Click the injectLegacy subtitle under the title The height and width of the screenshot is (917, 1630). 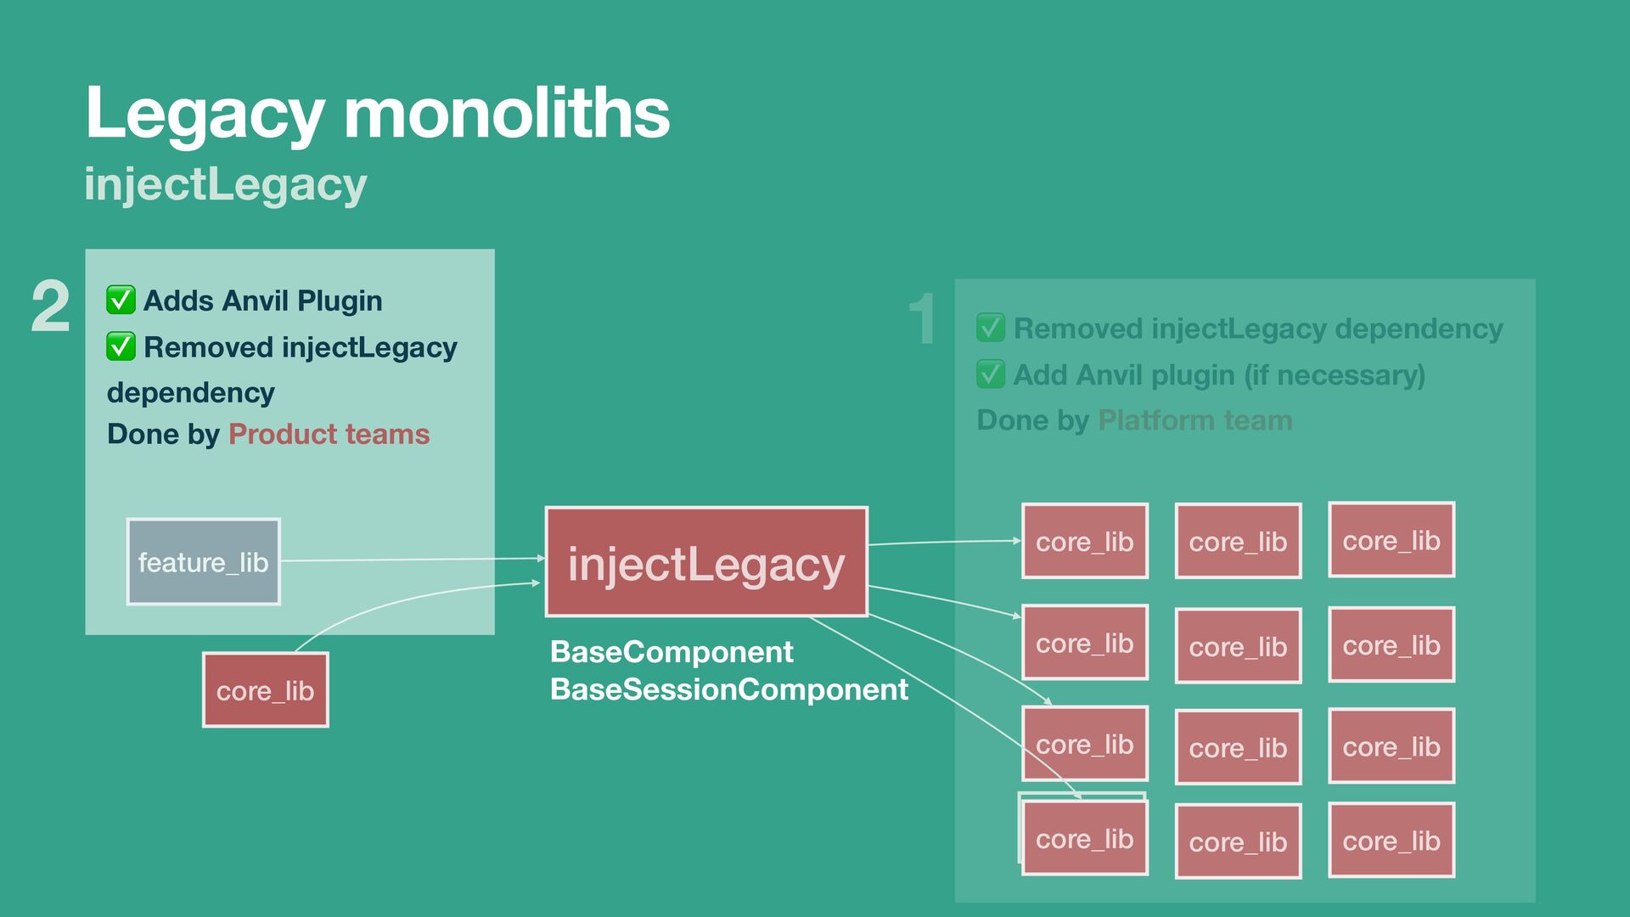tap(226, 184)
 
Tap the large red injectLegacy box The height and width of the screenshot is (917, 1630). tap(706, 562)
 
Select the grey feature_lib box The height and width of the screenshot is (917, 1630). tap(203, 562)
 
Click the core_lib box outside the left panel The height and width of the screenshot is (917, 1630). tap(265, 690)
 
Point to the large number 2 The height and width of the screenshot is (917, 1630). tap(50, 307)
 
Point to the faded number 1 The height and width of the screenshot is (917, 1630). tap(922, 320)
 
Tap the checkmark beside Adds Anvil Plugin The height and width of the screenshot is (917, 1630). tap(121, 300)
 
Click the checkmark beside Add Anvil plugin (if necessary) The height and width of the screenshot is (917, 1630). tap(991, 374)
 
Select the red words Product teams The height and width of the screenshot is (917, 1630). tap(329, 434)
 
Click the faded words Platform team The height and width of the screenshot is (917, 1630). tap(1194, 420)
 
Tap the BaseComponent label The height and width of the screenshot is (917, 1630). tap(672, 652)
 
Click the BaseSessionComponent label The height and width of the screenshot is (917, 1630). tap(728, 689)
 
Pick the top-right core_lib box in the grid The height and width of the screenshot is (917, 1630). tap(1391, 540)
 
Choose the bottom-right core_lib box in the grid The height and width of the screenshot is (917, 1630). tap(1391, 841)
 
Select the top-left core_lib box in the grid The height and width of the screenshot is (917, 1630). tap(1084, 542)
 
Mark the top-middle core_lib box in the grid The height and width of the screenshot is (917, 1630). tap(1238, 542)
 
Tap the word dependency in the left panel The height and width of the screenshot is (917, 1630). tap(191, 393)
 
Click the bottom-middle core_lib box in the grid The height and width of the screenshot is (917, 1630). tap(1238, 841)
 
